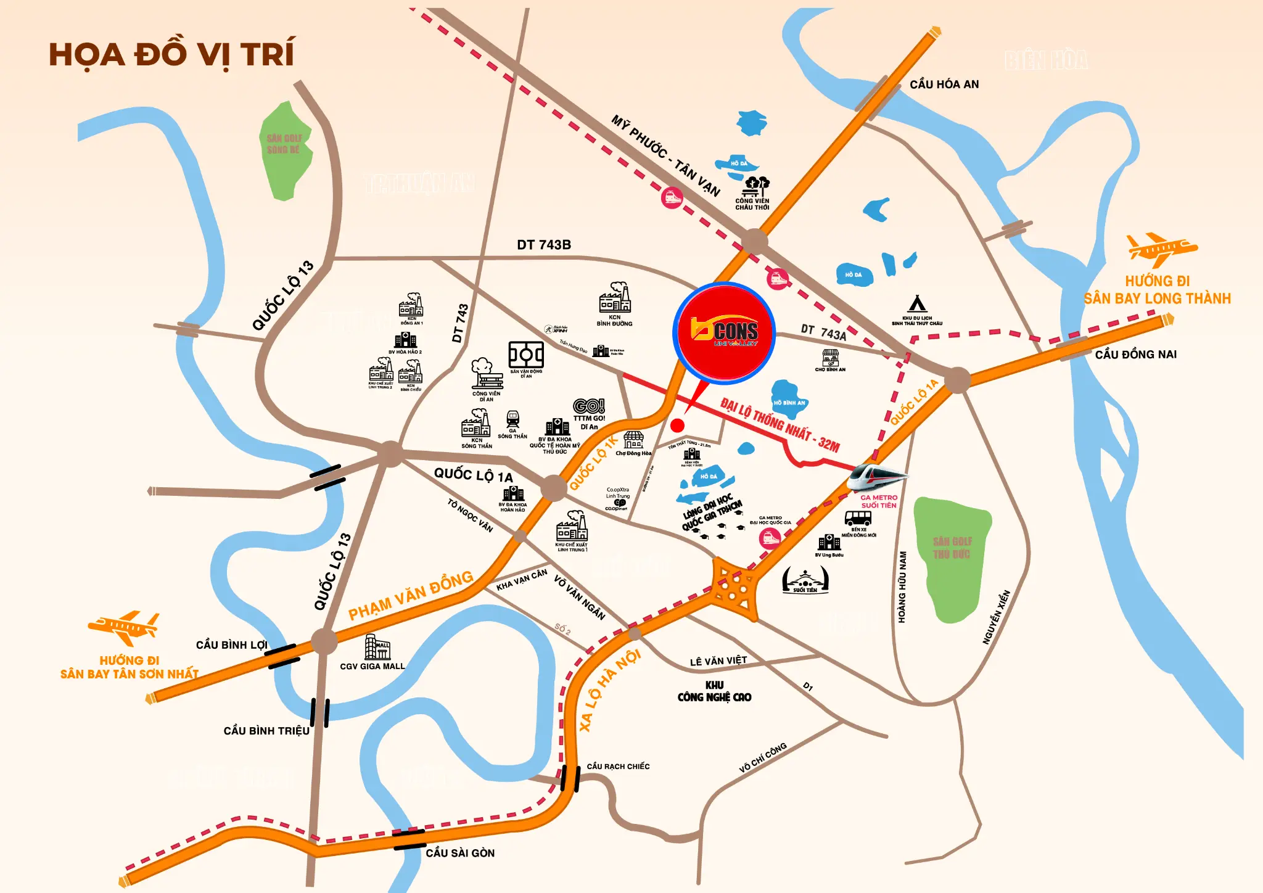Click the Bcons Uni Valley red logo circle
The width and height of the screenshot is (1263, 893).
click(x=724, y=333)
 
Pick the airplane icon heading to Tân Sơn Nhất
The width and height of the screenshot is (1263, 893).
click(x=124, y=627)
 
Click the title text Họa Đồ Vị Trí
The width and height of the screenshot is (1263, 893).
click(x=171, y=54)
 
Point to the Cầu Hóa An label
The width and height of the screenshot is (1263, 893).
click(x=944, y=84)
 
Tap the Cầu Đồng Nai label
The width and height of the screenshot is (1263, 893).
click(x=1135, y=355)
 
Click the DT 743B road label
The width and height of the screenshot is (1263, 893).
click(x=543, y=245)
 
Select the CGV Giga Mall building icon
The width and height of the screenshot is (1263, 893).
click(x=377, y=647)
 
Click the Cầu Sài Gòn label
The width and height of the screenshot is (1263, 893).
click(x=460, y=853)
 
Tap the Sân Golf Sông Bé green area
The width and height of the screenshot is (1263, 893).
click(x=285, y=151)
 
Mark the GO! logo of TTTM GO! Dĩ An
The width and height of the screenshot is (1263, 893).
click(x=589, y=406)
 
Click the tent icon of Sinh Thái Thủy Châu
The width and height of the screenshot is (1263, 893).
click(x=917, y=303)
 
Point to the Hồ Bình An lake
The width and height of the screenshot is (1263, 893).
click(x=788, y=399)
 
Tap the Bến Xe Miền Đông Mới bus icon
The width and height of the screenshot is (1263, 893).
click(x=858, y=518)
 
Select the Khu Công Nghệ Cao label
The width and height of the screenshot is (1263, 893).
click(x=714, y=691)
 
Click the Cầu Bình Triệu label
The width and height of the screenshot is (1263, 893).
click(x=266, y=731)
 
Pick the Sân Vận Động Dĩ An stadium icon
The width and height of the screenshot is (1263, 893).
click(x=525, y=355)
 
